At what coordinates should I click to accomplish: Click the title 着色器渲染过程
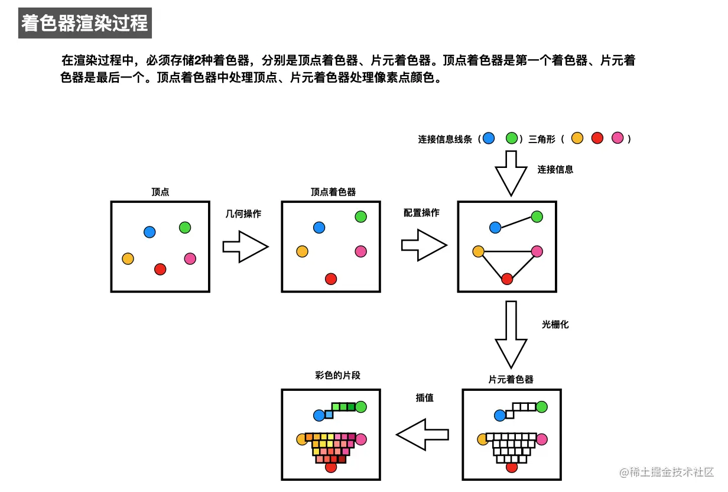[x=84, y=24]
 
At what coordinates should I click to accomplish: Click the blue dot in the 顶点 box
[x=149, y=232]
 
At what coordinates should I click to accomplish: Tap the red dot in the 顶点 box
[x=160, y=269]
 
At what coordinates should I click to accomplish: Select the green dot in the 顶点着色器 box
[x=360, y=216]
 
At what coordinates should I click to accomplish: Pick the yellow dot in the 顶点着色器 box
[x=302, y=251]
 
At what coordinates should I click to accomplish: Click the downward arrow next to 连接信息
[x=511, y=173]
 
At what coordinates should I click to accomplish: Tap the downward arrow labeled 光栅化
[x=511, y=335]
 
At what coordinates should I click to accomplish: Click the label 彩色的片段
[x=337, y=376]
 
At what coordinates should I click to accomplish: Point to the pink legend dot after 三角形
[x=617, y=138]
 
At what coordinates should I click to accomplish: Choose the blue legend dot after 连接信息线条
[x=488, y=138]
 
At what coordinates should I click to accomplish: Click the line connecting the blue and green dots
[x=516, y=222]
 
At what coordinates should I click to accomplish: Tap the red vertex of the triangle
[x=507, y=279]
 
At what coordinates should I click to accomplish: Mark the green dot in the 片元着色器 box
[x=541, y=407]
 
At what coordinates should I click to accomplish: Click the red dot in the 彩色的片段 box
[x=331, y=467]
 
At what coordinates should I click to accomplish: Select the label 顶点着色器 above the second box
[x=333, y=192]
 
